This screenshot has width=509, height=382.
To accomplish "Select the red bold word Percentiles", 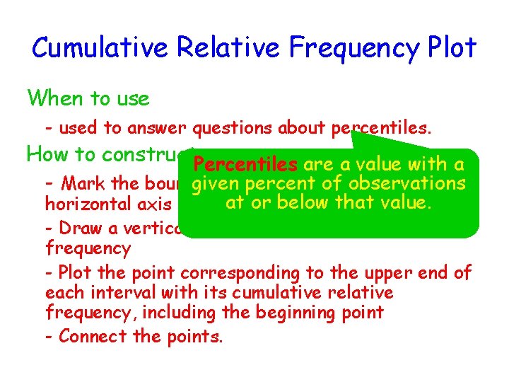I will [x=245, y=165].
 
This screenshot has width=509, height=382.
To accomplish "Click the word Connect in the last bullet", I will [x=88, y=337].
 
